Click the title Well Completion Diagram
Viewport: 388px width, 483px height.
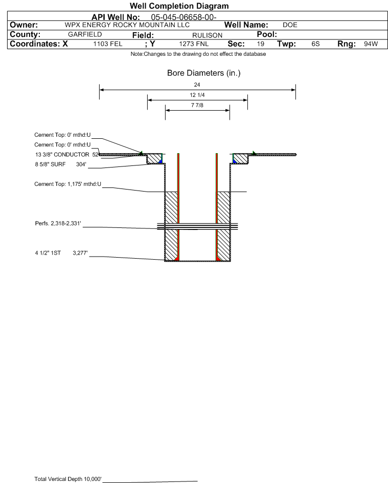tap(179, 6)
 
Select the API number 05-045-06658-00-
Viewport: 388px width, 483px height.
tap(184, 17)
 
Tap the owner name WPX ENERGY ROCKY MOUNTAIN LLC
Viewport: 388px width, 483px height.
tap(127, 25)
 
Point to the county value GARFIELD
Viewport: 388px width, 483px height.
tap(85, 34)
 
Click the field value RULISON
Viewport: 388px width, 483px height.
tap(207, 35)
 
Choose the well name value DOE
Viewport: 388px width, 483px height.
tap(290, 25)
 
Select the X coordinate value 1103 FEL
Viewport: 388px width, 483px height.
tap(107, 44)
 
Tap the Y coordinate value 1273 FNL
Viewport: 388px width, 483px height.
tap(194, 44)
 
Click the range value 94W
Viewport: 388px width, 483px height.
tap(371, 44)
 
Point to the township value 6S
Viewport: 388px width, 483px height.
tap(315, 44)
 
